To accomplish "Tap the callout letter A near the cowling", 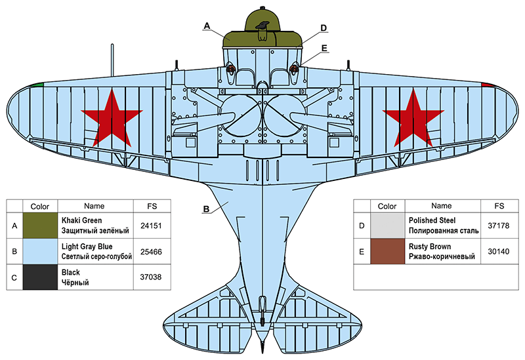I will click(207, 26).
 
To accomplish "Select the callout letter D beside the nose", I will click(324, 28).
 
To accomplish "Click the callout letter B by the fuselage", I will click(206, 210).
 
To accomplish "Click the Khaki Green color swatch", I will click(40, 225).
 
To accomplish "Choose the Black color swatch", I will click(40, 277).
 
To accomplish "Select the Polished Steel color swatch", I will click(388, 225).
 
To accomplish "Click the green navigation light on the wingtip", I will click(39, 85).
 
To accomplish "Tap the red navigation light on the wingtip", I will click(487, 85).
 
